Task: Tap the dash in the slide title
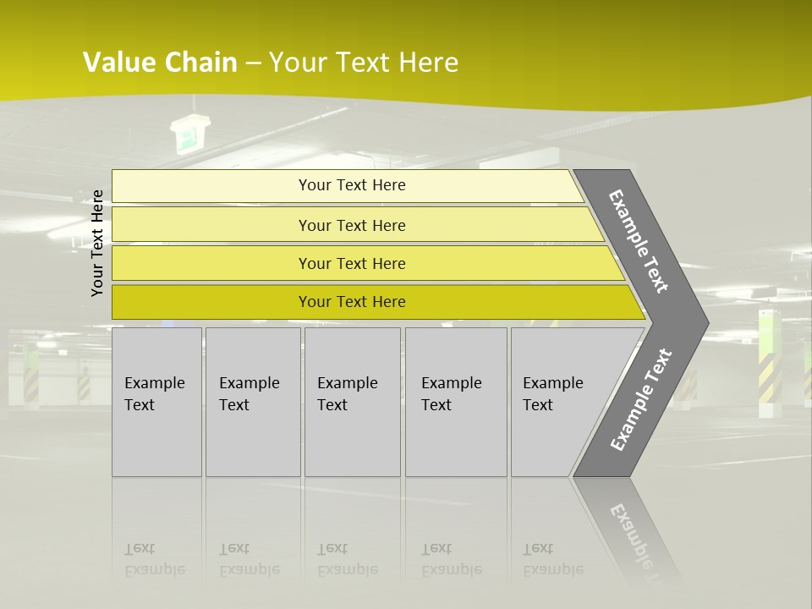pos(253,63)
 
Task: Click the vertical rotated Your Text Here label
pos(97,243)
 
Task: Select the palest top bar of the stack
pos(347,185)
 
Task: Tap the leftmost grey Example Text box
pos(156,402)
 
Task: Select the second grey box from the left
pos(252,402)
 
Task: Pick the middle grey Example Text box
pos(352,402)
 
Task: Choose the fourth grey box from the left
pos(455,402)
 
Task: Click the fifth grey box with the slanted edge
pos(558,402)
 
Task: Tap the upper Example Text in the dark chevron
pos(639,241)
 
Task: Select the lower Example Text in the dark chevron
pos(641,400)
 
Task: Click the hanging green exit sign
pos(186,135)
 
